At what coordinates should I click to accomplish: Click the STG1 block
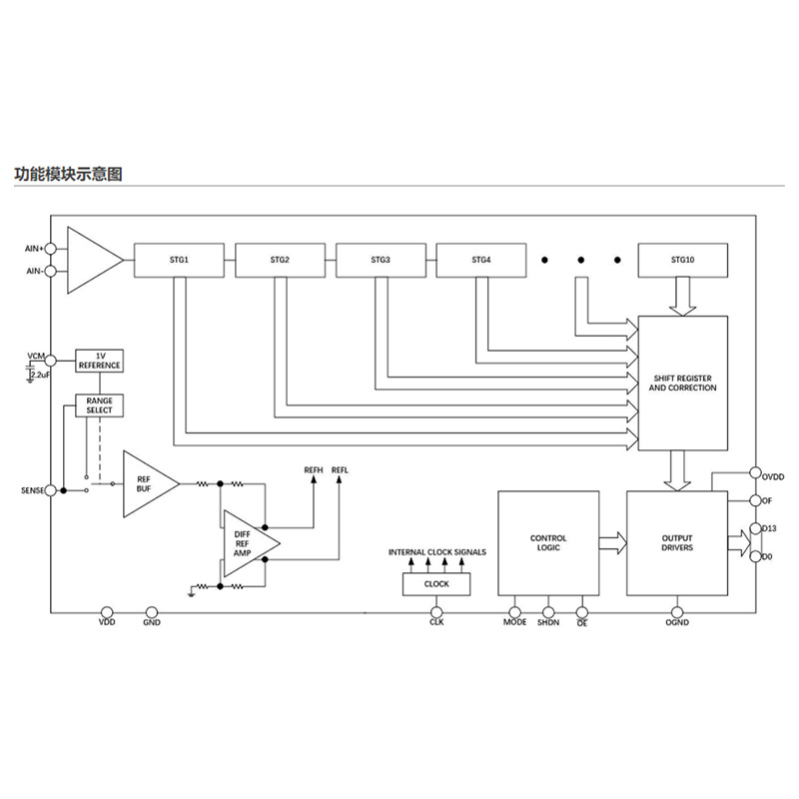179,261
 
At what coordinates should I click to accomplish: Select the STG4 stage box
481,261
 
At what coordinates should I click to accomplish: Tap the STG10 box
683,261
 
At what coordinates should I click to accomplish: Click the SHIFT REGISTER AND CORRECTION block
683,384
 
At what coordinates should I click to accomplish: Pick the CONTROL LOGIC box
548,543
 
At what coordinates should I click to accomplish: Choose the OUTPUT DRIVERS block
677,543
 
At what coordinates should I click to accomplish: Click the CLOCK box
436,584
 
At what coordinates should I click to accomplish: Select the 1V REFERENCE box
99,361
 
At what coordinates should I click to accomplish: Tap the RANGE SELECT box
99,405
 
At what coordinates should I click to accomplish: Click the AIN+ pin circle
51,249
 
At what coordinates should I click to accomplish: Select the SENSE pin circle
51,490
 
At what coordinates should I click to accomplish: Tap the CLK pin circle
436,612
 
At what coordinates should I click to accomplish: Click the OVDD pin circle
756,472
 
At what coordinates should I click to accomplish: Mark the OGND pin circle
677,612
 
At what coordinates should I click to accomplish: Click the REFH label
314,469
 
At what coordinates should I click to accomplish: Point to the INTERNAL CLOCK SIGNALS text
437,552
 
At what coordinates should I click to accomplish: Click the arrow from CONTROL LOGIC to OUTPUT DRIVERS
613,543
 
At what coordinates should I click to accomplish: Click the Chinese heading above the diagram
68,174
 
